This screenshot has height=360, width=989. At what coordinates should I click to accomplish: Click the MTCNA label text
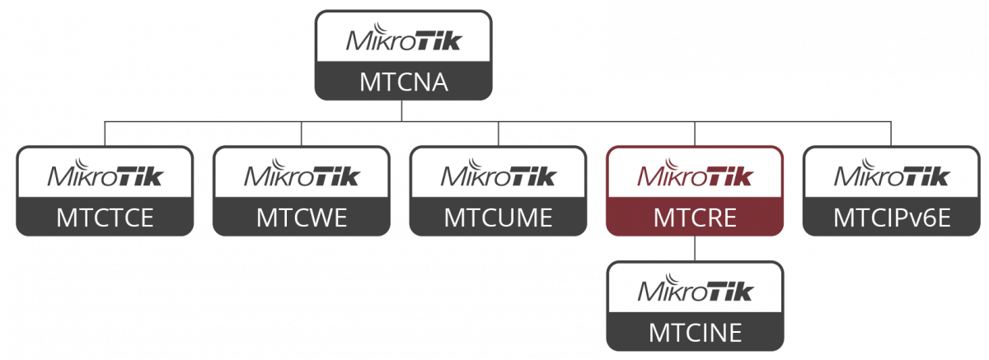coord(403,82)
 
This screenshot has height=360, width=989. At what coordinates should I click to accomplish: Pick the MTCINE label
coord(694,332)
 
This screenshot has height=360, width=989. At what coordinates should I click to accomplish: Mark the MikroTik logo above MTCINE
coord(694,290)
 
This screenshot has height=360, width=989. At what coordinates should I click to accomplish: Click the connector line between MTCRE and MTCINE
coord(694,248)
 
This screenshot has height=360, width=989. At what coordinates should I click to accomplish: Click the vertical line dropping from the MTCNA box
coord(403,110)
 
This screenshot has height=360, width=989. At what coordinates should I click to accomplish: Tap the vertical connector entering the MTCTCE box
coord(105,134)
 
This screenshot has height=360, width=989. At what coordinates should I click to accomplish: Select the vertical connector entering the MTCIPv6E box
coord(890,134)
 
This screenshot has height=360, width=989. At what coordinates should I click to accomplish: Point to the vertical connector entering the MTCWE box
coord(301,134)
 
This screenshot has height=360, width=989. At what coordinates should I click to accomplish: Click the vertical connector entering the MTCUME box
coord(498,134)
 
